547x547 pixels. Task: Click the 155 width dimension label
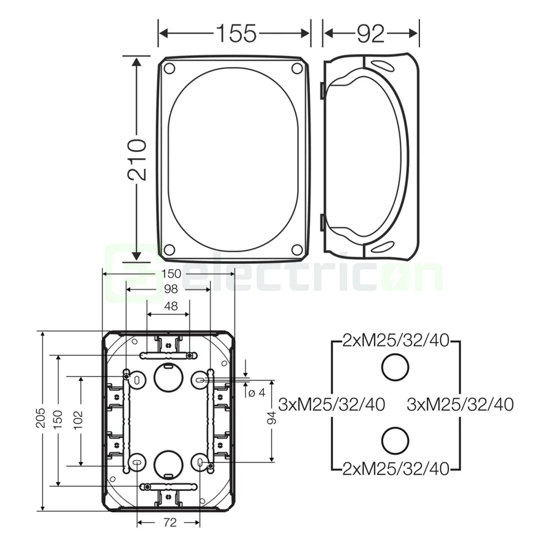(x=235, y=33)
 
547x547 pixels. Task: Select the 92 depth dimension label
(x=371, y=33)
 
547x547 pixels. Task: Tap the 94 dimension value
(x=272, y=418)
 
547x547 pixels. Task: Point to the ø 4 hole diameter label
(x=258, y=393)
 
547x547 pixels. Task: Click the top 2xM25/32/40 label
(x=396, y=340)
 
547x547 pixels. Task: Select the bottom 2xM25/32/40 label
(x=396, y=468)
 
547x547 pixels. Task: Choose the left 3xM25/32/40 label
(x=331, y=404)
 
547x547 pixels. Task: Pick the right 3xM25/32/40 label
(x=461, y=404)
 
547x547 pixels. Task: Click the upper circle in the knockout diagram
(x=395, y=368)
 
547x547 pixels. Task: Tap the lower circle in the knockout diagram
(x=395, y=440)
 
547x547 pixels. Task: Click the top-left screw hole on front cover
(x=170, y=67)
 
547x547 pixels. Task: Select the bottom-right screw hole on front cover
(x=297, y=249)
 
